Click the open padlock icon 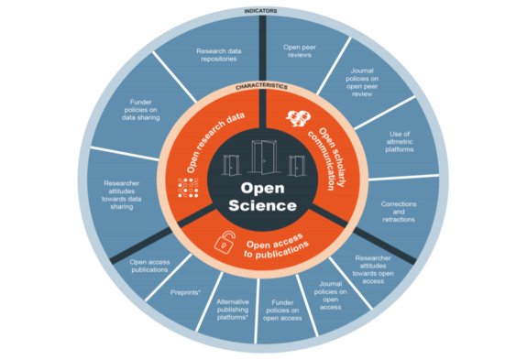(x=224, y=242)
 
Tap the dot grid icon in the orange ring (x=189, y=188)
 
